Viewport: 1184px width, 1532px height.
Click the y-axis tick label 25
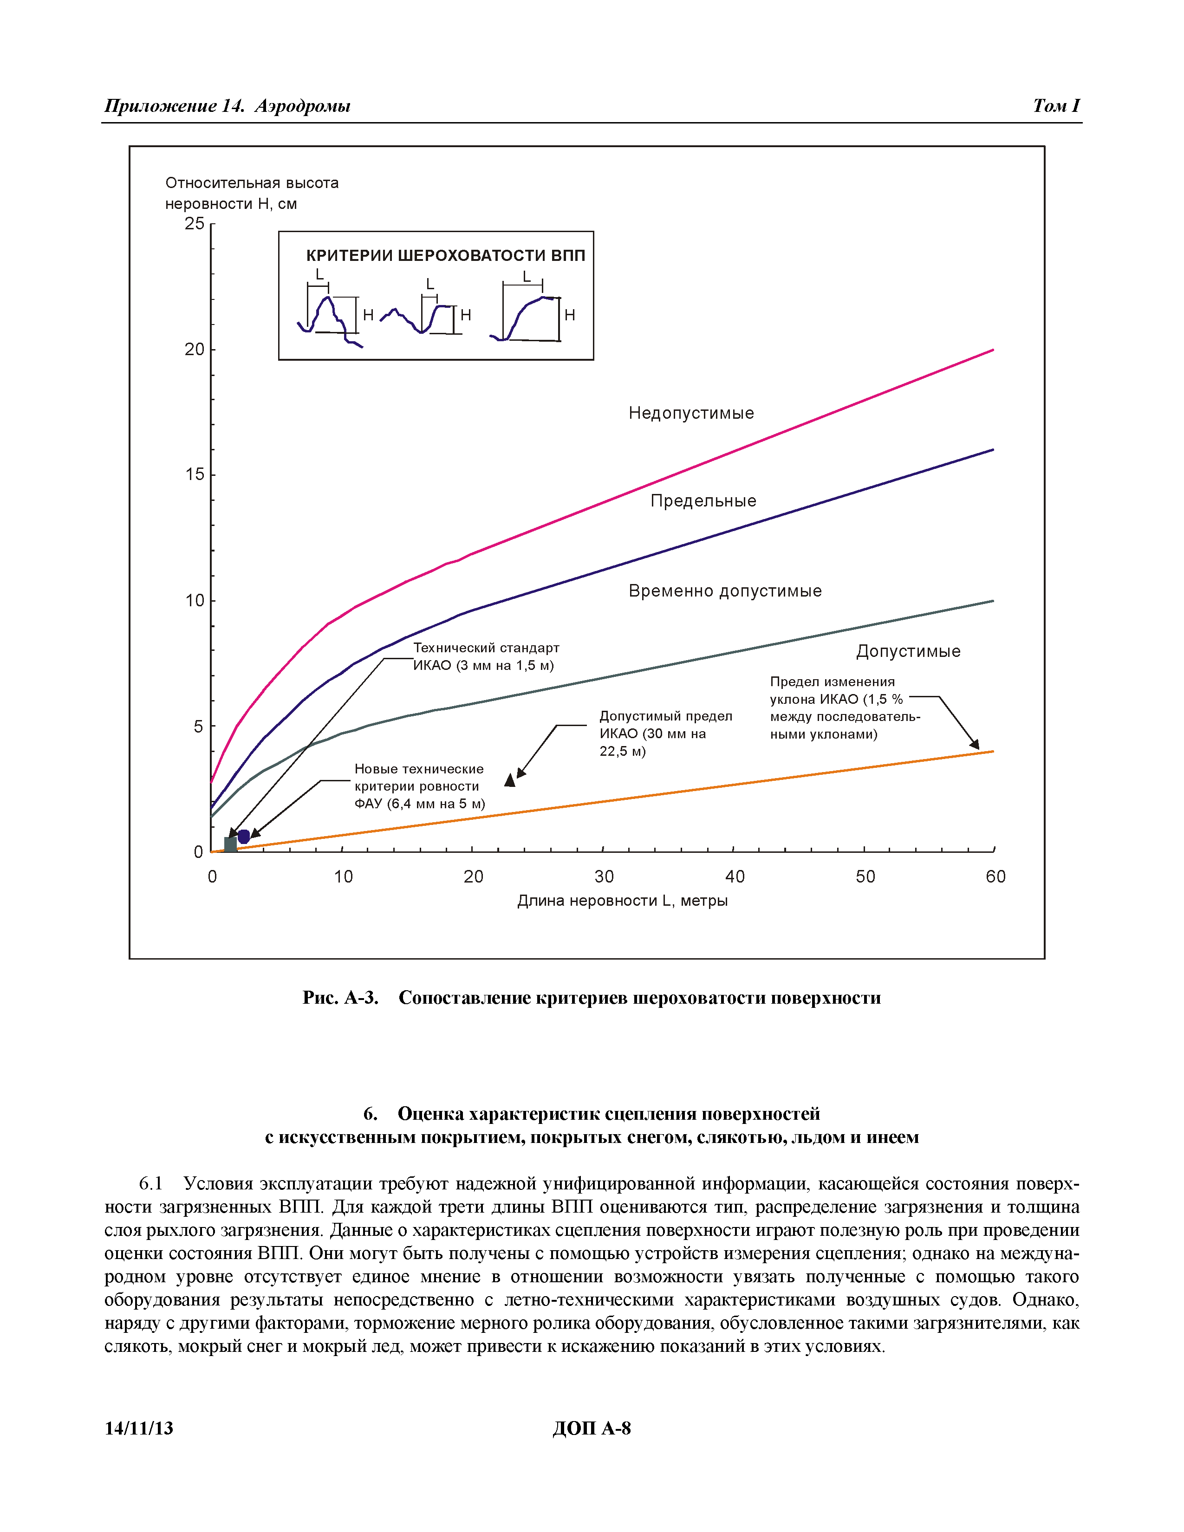coord(194,224)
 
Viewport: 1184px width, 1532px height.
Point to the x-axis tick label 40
coord(735,877)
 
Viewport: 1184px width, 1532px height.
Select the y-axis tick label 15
coord(194,475)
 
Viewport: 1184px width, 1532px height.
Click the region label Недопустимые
coord(691,413)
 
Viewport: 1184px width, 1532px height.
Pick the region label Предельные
coord(703,501)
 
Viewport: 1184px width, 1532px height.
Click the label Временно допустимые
coord(725,591)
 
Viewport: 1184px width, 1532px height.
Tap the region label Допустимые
coord(908,652)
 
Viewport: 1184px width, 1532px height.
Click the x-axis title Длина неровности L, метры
coord(622,901)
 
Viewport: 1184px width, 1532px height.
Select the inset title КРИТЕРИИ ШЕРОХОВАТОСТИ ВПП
coord(445,255)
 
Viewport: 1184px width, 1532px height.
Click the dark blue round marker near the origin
coord(243,836)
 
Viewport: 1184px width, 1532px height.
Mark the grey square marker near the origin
coord(230,844)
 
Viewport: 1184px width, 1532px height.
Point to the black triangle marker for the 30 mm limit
coord(510,780)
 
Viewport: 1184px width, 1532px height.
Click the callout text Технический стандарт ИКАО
coord(485,656)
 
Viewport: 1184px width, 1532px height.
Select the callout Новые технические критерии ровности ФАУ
coord(419,786)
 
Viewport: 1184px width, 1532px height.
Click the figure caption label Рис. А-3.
coord(340,998)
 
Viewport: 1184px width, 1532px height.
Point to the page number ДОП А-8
coord(591,1428)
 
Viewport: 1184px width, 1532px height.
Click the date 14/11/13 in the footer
coord(139,1428)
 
